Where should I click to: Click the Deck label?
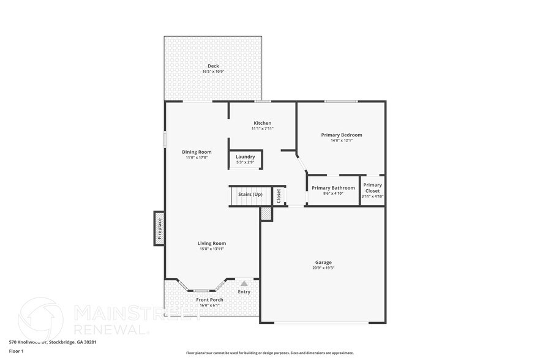[213, 66]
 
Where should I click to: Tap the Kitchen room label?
[262, 123]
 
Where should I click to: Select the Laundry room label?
[245, 157]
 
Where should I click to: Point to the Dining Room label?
[197, 152]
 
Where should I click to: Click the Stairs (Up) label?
[250, 195]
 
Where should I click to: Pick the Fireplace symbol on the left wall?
[159, 228]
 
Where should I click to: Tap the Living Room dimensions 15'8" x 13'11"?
[212, 249]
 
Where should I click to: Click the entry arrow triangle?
[244, 283]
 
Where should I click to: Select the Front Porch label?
[209, 299]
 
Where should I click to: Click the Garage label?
[323, 262]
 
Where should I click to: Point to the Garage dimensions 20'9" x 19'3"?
[323, 268]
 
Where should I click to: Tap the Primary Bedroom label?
[342, 135]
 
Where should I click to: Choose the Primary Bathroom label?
[333, 188]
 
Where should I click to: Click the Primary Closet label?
[372, 188]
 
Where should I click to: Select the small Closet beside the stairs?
[279, 196]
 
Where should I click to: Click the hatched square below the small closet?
[266, 213]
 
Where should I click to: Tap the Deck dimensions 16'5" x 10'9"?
[213, 72]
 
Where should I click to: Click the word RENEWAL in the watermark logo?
[111, 329]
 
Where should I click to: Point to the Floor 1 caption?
[15, 351]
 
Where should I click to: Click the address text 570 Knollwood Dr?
[31, 343]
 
